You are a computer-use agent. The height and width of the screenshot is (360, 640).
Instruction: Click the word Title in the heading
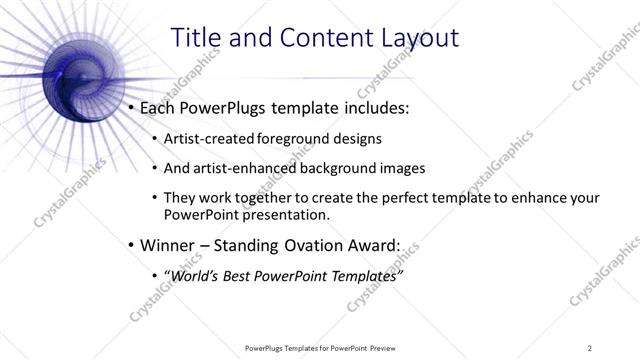pyautogui.click(x=196, y=38)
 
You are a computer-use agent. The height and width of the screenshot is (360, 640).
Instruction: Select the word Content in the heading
pyautogui.click(x=310, y=38)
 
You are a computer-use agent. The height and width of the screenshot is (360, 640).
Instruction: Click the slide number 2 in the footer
pyautogui.click(x=590, y=347)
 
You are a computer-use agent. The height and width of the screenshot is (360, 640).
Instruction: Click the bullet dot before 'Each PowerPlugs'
pyautogui.click(x=131, y=106)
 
